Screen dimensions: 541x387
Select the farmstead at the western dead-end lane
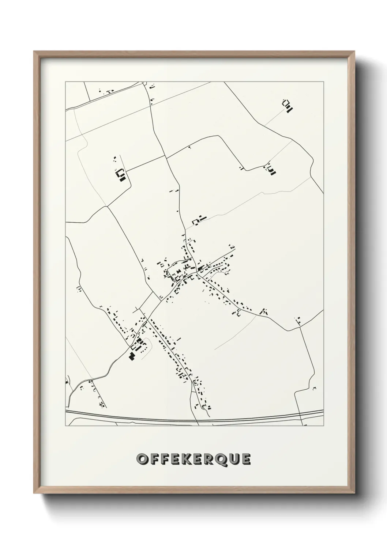click(120, 175)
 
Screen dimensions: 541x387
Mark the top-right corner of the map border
click(323, 82)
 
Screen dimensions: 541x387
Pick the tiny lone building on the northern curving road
click(189, 147)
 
